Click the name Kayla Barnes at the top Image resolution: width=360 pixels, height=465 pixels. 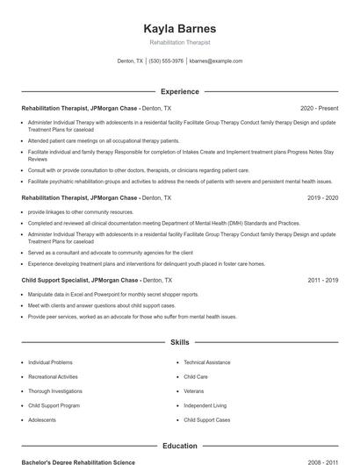(x=179, y=28)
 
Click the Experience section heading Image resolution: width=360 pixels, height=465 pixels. (x=179, y=91)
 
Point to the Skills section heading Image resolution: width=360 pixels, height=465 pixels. (x=179, y=342)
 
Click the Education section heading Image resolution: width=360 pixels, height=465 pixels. (x=179, y=446)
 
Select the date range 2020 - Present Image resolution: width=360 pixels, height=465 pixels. (x=319, y=107)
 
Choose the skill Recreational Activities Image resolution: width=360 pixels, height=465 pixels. (x=53, y=376)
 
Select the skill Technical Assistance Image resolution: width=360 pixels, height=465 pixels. (x=207, y=362)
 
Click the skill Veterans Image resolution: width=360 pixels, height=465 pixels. (x=194, y=391)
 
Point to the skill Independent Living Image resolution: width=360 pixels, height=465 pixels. (x=205, y=406)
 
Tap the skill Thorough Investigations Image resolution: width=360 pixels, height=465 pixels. (x=55, y=391)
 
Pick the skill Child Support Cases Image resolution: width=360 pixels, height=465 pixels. (x=207, y=420)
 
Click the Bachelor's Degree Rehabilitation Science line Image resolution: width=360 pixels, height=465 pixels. (x=79, y=461)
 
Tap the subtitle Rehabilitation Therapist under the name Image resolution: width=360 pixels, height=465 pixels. (x=179, y=42)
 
